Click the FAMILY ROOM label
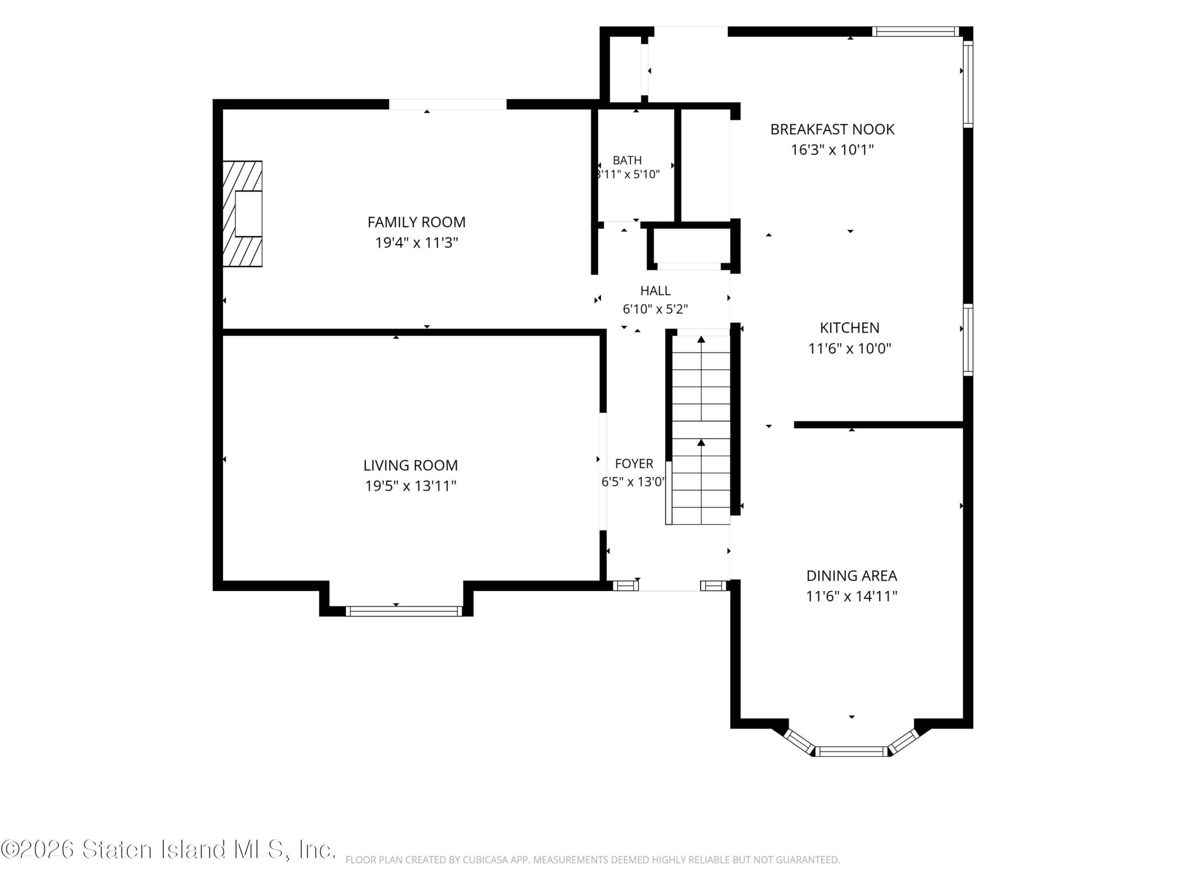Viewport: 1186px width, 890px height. click(416, 222)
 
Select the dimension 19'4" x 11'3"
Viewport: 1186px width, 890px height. click(416, 242)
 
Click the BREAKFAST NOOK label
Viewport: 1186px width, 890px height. click(832, 129)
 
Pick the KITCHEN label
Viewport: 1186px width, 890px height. click(849, 328)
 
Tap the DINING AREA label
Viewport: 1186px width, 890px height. click(852, 576)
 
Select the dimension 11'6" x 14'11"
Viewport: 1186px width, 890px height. click(852, 596)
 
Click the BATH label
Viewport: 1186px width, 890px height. click(627, 160)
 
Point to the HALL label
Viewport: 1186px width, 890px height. click(655, 291)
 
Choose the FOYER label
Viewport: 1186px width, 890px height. click(634, 464)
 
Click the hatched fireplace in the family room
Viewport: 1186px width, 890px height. click(242, 214)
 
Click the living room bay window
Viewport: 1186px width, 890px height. click(404, 611)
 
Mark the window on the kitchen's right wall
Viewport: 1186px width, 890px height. click(968, 340)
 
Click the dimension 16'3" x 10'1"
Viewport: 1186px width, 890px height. click(832, 149)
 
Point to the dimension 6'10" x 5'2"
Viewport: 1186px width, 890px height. click(655, 309)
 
